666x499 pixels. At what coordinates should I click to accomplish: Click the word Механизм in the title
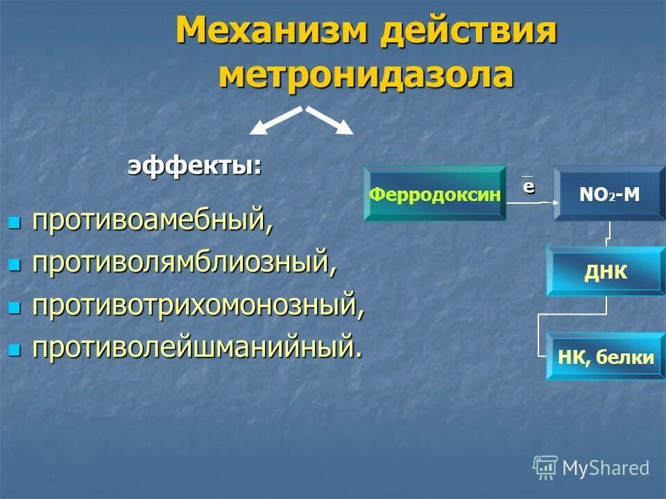pos(271,31)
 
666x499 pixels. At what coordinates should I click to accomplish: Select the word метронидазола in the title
pos(366,75)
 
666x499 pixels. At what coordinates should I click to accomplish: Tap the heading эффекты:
pos(195,166)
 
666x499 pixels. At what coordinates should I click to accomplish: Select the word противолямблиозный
pos(185,263)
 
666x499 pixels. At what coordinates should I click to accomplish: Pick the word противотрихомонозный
pos(198,306)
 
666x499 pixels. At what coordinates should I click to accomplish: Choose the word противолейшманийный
pos(196,348)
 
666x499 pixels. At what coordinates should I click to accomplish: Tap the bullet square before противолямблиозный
pos(14,265)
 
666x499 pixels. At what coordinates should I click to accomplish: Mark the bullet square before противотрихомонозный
pos(14,307)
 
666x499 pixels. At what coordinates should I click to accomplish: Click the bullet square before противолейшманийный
pos(14,349)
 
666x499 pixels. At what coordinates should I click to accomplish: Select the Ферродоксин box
pos(435,194)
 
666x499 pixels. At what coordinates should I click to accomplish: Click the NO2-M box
pos(609,194)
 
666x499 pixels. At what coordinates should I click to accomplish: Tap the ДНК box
pos(605,272)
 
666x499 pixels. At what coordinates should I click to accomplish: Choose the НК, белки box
pos(605,357)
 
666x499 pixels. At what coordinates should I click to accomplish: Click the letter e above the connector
pos(529,186)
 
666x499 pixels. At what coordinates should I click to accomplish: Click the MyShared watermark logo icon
pos(545,467)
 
